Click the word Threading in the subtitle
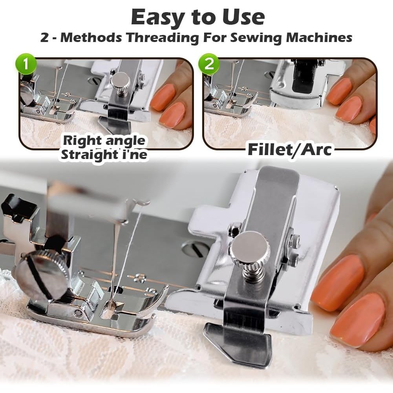tap(163, 38)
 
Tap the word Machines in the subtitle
tap(319, 37)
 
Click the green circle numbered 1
tap(26, 64)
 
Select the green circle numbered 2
tap(209, 64)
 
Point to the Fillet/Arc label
tap(290, 150)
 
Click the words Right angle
tap(104, 141)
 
